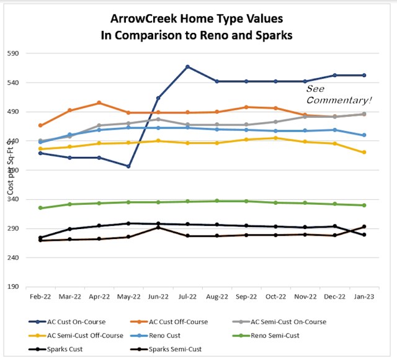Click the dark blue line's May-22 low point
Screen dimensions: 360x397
pyautogui.click(x=128, y=166)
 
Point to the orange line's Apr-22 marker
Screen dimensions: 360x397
pyautogui.click(x=99, y=103)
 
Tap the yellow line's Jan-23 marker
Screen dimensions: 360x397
pyautogui.click(x=364, y=152)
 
